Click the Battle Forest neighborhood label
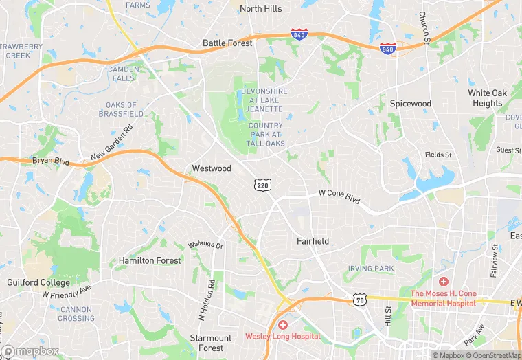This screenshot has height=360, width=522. tap(227, 43)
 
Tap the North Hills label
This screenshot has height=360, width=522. tap(260, 9)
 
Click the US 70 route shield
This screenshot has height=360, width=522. tap(359, 299)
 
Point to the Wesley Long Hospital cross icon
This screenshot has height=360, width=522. tap(282, 324)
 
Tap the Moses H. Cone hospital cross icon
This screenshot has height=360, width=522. tap(444, 282)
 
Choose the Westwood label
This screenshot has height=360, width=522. tap(212, 168)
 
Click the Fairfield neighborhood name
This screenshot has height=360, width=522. tap(313, 242)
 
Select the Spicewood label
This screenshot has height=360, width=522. tap(411, 104)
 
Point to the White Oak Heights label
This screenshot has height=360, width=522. tap(488, 98)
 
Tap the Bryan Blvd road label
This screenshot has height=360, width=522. tap(52, 161)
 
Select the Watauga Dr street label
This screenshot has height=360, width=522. tap(206, 245)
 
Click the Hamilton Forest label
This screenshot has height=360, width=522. tap(150, 261)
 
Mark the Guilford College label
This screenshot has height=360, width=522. tap(38, 282)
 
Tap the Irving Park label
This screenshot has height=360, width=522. tap(371, 268)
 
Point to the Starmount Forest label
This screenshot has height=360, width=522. tap(211, 343)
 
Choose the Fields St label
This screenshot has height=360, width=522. tap(438, 155)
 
